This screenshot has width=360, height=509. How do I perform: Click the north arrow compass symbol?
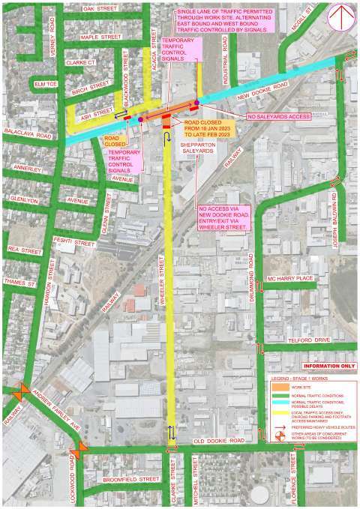click(x=341, y=16)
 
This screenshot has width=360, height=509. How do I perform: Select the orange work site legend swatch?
click(x=280, y=388)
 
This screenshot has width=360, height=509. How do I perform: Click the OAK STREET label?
click(x=100, y=7)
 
